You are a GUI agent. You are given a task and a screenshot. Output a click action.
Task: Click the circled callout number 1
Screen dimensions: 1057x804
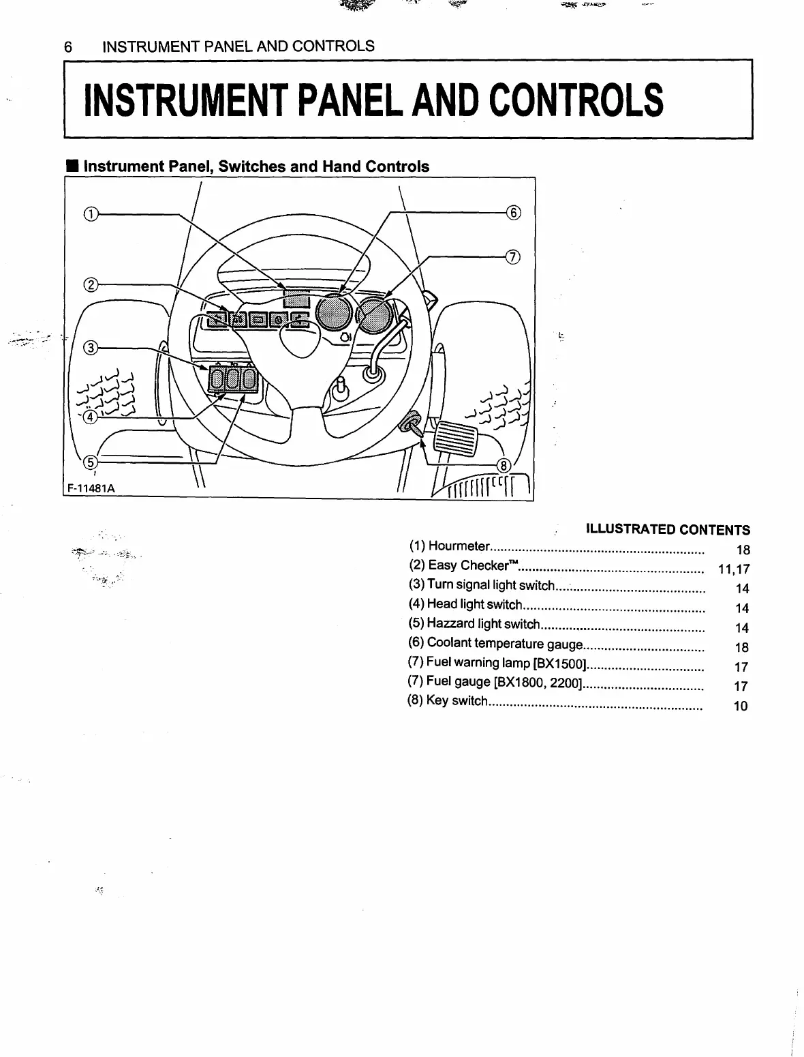coord(91,214)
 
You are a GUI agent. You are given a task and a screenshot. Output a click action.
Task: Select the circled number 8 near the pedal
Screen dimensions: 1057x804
coord(504,466)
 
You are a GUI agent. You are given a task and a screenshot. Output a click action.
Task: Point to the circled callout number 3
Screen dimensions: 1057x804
coord(91,349)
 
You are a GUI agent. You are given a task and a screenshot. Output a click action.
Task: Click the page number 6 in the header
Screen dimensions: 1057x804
coord(67,46)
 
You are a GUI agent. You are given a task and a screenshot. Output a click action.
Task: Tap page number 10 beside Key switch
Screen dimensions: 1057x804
coord(741,706)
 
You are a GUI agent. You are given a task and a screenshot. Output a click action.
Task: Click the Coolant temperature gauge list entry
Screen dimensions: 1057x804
coord(504,643)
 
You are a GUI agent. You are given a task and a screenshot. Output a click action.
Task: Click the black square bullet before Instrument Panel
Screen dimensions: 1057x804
coord(71,166)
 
